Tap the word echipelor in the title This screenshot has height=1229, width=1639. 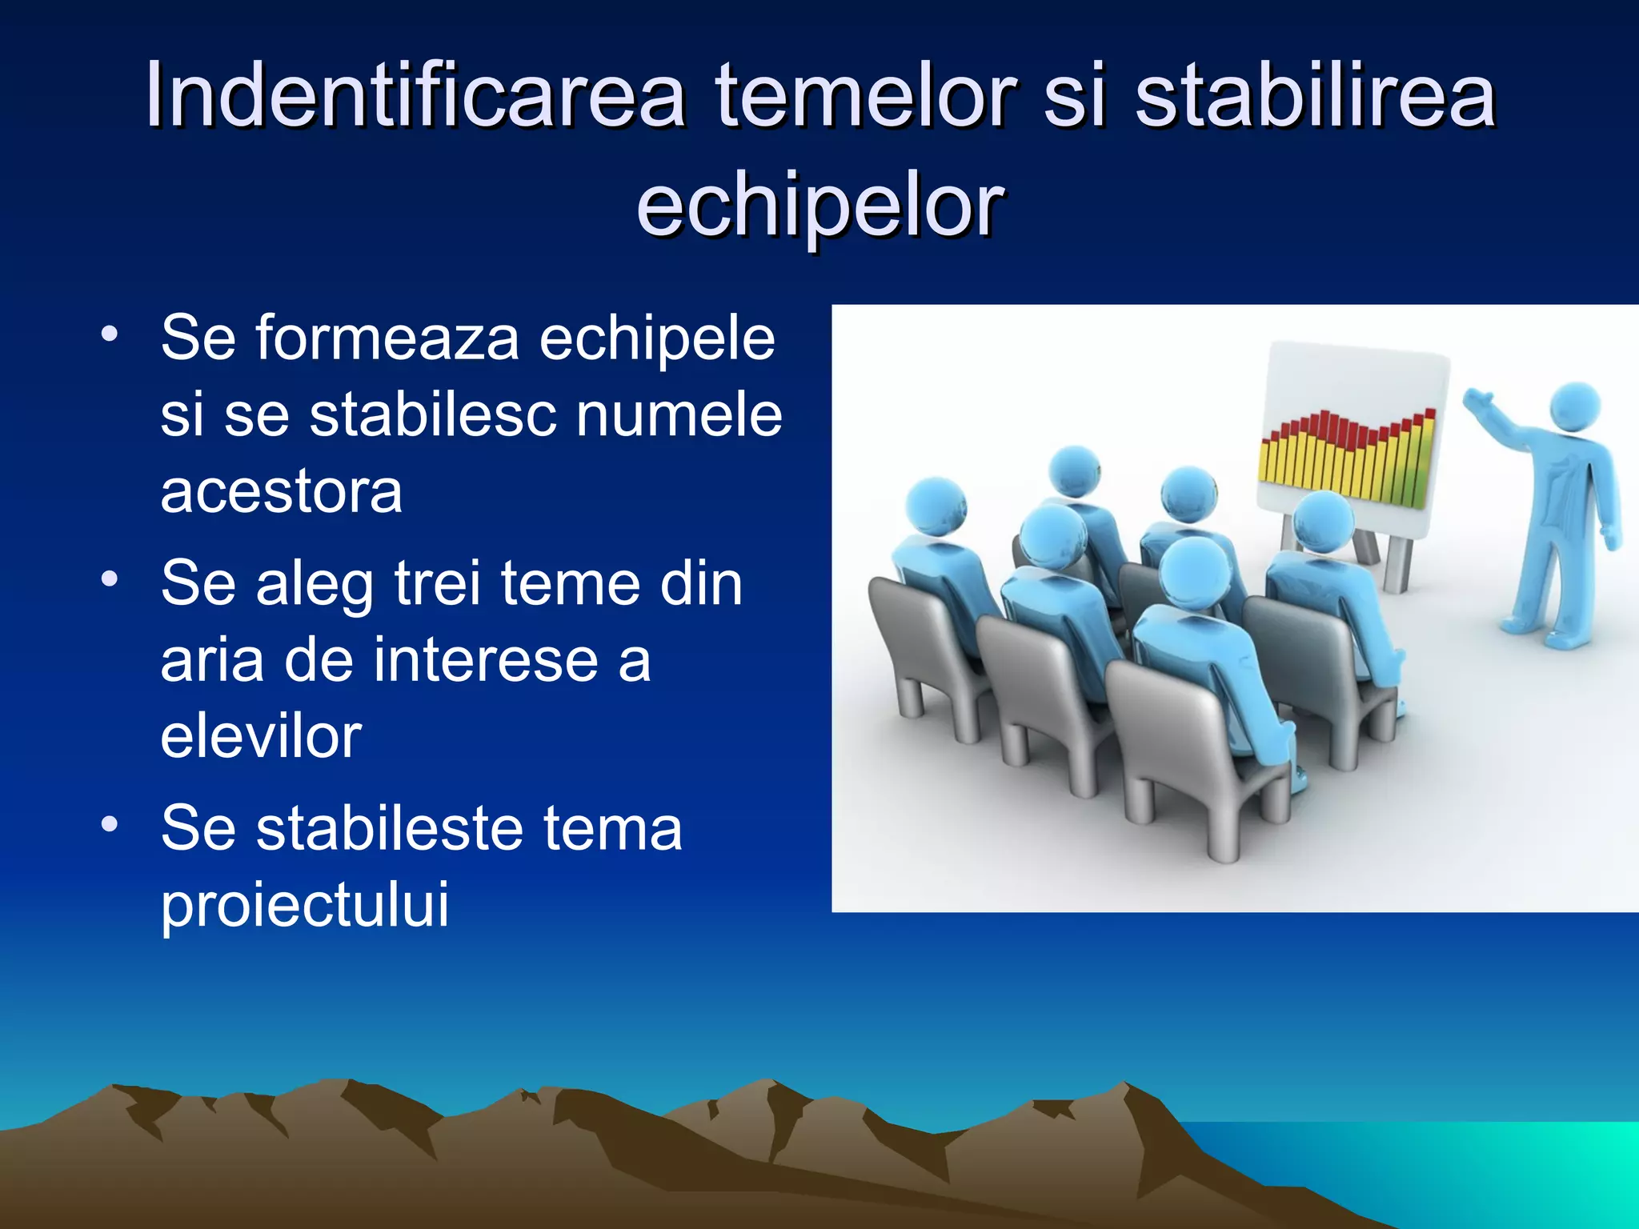point(819,204)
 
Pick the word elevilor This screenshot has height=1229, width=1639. point(261,735)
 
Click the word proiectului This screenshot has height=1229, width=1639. point(305,904)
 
